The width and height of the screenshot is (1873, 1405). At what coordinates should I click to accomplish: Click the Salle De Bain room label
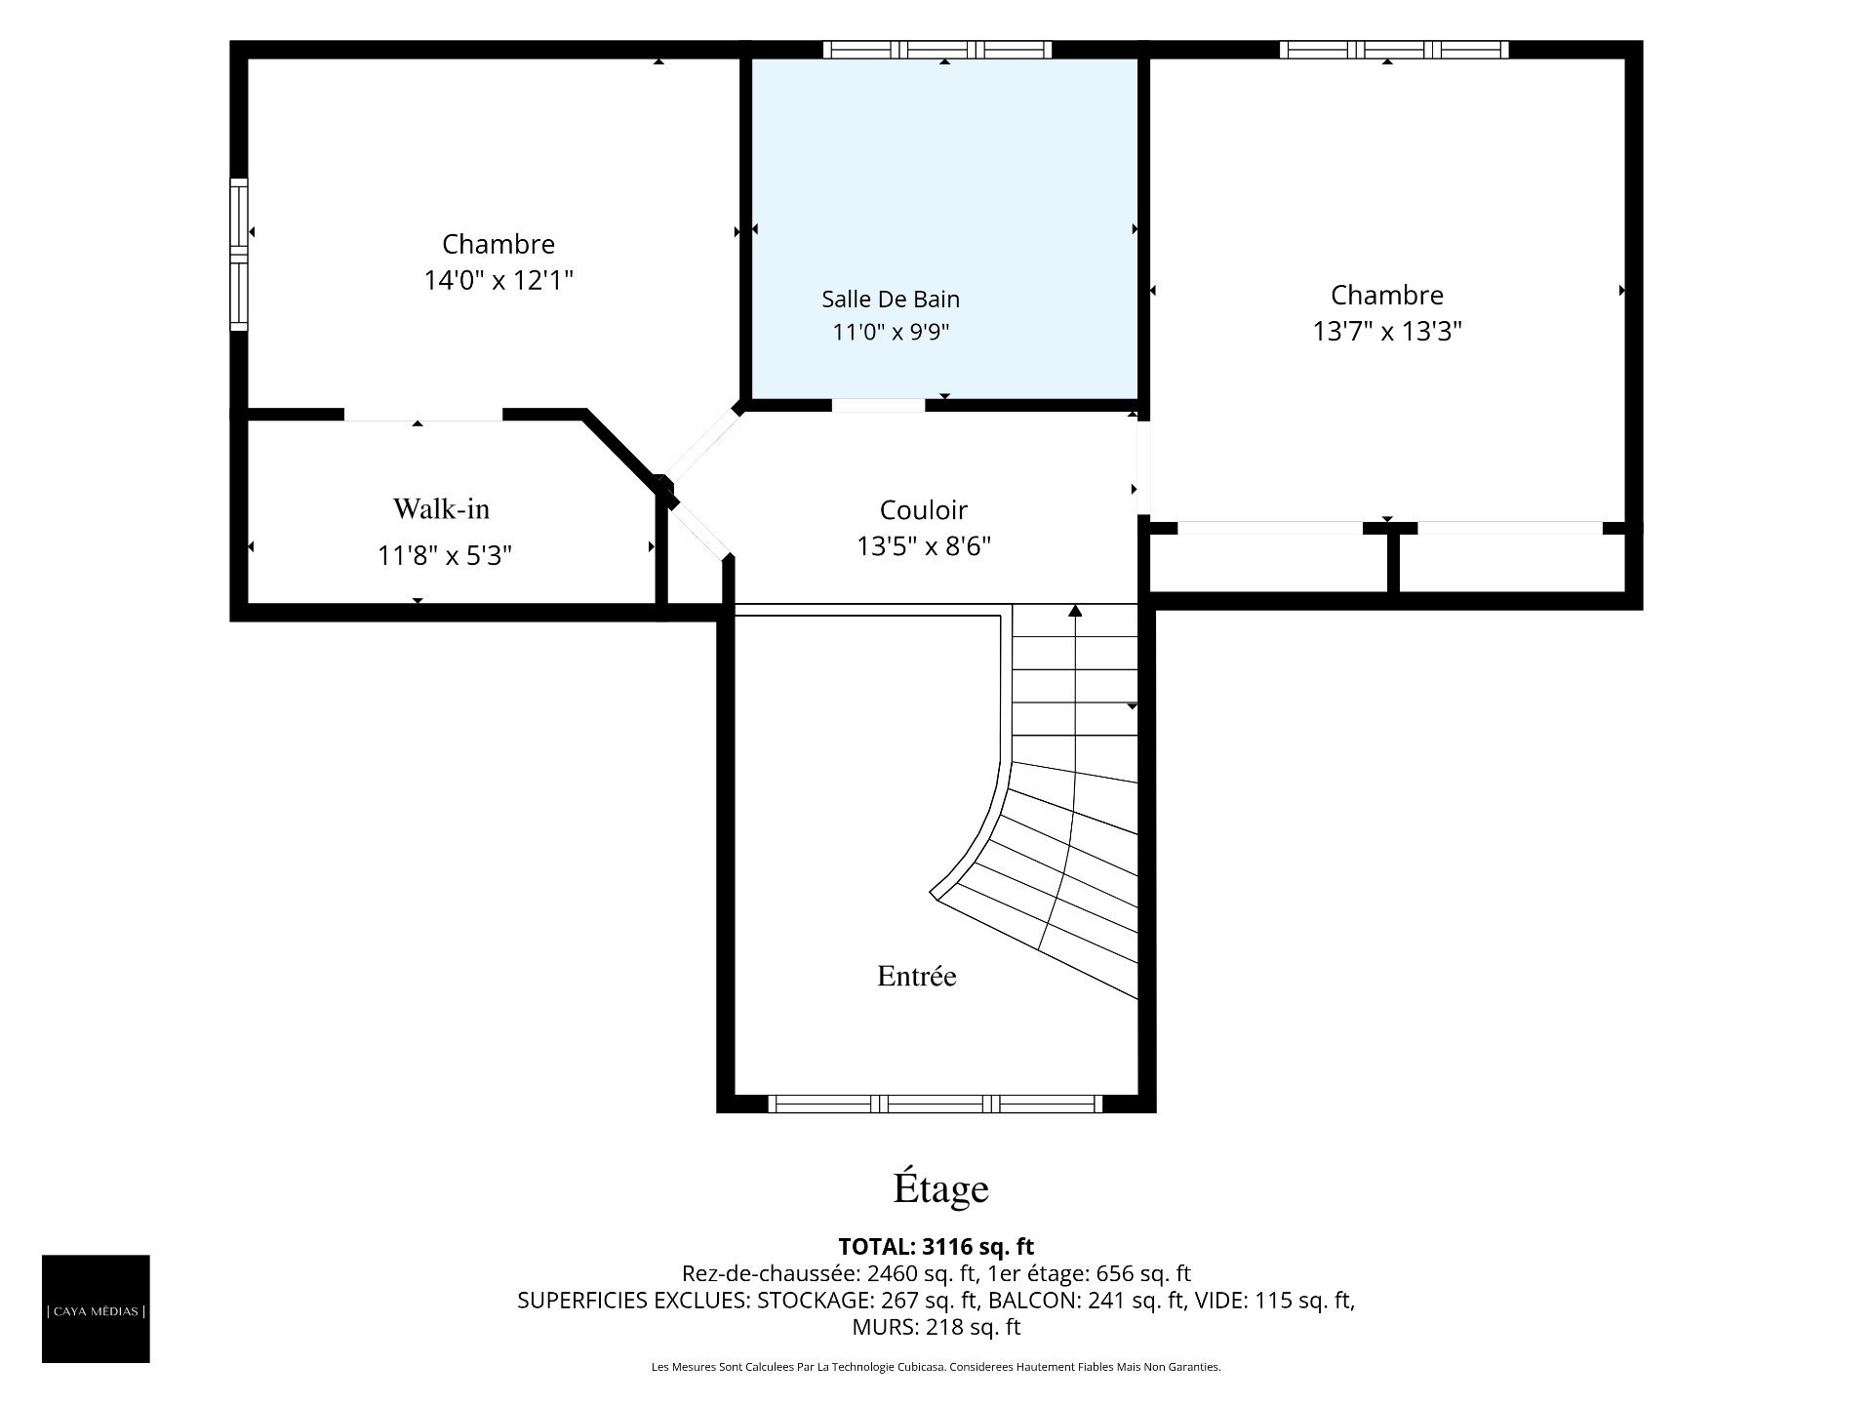coord(891,299)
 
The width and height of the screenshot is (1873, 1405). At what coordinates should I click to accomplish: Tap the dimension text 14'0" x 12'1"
coord(498,281)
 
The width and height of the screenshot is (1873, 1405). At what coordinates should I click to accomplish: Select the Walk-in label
coord(441,508)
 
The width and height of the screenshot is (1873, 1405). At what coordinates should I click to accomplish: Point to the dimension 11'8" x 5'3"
coord(445,555)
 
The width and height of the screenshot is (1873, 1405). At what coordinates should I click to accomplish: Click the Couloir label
coord(924,510)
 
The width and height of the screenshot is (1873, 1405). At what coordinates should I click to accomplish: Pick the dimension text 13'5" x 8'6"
coord(924,546)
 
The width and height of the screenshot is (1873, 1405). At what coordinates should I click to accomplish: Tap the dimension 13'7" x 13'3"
coord(1387,332)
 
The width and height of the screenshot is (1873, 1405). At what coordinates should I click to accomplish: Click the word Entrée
coord(917,976)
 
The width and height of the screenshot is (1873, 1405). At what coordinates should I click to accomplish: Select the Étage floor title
coord(941,1188)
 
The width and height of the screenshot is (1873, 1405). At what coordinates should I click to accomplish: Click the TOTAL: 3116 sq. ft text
coord(936,1246)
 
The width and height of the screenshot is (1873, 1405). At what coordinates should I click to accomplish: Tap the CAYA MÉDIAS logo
coord(96,1308)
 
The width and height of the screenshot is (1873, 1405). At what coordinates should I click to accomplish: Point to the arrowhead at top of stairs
coord(1075,611)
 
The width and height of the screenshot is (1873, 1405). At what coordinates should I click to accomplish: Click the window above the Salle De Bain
coord(937,50)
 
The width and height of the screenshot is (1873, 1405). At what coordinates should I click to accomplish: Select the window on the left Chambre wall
coord(239,254)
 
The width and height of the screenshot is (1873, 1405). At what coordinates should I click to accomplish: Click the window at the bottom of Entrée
coord(936,1104)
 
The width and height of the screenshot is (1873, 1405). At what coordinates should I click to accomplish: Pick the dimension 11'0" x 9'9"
coord(891,332)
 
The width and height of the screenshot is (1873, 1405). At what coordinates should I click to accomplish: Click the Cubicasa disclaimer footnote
coord(936,1367)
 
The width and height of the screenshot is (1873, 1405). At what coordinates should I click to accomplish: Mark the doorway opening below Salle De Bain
coord(878,406)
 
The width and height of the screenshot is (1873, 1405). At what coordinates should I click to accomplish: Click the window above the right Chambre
coord(1394,50)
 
